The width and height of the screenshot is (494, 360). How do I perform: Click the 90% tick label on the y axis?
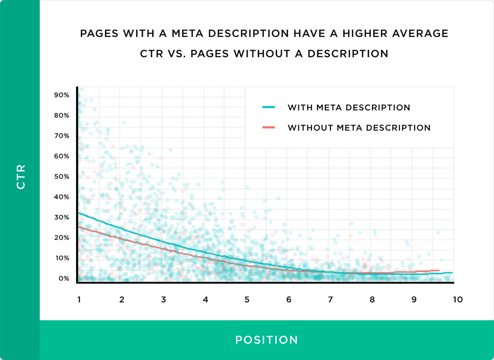click(x=62, y=95)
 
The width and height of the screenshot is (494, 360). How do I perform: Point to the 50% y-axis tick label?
click(x=62, y=176)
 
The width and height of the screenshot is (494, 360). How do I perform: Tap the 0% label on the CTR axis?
click(x=64, y=278)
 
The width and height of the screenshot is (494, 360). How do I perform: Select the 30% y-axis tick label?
click(x=62, y=217)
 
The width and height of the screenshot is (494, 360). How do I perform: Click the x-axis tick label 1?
click(x=79, y=299)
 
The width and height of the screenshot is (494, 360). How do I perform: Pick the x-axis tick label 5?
click(x=247, y=299)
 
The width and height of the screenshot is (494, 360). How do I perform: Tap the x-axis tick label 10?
click(x=457, y=299)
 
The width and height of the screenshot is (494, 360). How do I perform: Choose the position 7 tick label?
click(x=330, y=299)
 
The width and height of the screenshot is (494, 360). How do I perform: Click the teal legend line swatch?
click(x=268, y=107)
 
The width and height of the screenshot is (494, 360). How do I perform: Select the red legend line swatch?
click(x=268, y=127)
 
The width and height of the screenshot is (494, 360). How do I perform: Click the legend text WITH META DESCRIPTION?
click(x=349, y=108)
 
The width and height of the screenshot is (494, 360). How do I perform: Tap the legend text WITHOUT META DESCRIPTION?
click(x=359, y=128)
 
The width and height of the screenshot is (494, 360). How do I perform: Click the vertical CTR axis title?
click(x=21, y=177)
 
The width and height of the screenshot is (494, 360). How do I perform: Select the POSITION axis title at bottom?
click(x=267, y=340)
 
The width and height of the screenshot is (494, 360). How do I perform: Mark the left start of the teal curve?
click(x=79, y=213)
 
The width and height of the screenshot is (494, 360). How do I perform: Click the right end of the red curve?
click(x=439, y=270)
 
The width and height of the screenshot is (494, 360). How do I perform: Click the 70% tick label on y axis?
click(x=62, y=136)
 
